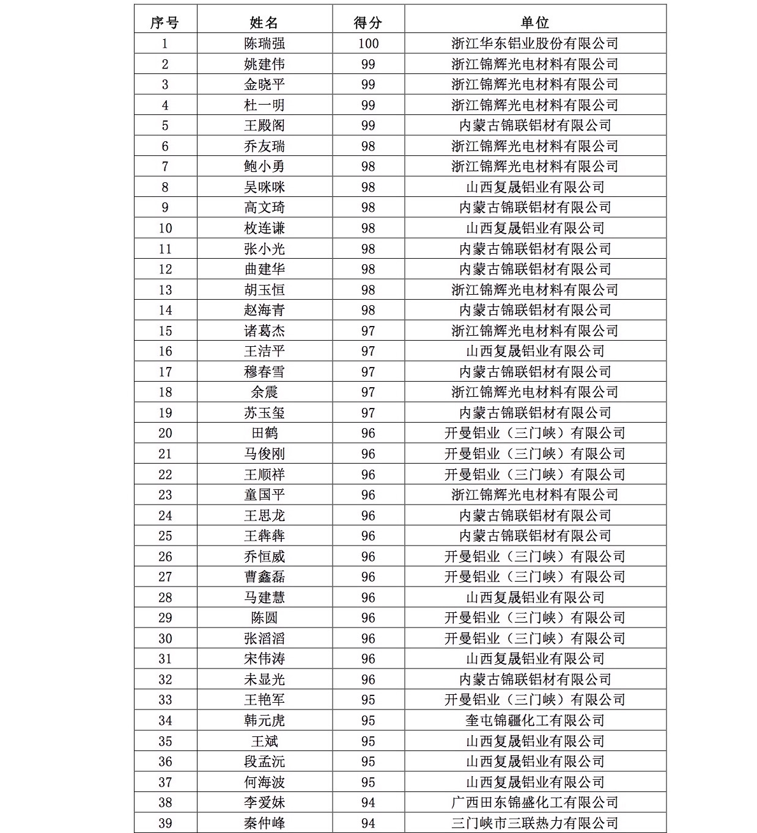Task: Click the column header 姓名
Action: click(x=264, y=23)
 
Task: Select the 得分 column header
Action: click(x=368, y=23)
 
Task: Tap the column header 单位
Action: click(x=535, y=23)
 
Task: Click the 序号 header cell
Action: click(x=165, y=23)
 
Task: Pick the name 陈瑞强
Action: click(x=264, y=43)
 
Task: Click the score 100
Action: click(x=368, y=43)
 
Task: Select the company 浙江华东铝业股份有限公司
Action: click(x=535, y=43)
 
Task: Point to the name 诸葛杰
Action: click(x=264, y=331)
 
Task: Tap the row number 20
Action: click(x=165, y=433)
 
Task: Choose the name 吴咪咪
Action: click(x=264, y=187)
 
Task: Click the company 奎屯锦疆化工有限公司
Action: click(x=535, y=720)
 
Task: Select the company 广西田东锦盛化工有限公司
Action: click(x=535, y=802)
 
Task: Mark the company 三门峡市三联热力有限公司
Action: click(x=535, y=823)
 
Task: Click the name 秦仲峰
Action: click(x=264, y=823)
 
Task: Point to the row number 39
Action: click(x=165, y=823)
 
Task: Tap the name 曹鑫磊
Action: click(x=264, y=577)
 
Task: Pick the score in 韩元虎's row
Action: click(x=368, y=720)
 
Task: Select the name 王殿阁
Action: click(x=264, y=125)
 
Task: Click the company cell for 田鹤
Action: click(x=535, y=433)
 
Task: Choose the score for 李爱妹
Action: click(x=368, y=802)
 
